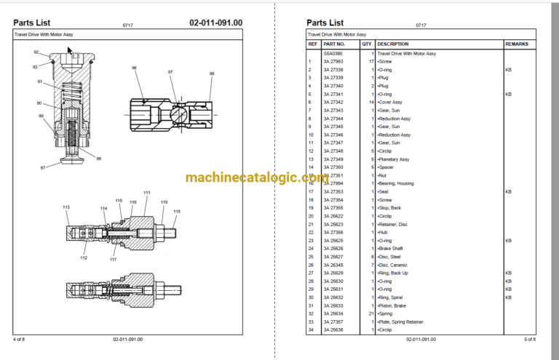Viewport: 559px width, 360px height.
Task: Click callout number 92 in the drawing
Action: [36, 52]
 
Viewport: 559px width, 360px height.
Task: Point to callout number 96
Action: [135, 68]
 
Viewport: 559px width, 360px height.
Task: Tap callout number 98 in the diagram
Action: [212, 73]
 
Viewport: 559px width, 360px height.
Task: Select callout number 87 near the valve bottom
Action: [43, 167]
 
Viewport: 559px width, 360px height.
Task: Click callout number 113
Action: [66, 207]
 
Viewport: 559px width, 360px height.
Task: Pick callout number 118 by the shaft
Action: [176, 212]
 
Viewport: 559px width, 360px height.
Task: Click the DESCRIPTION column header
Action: [392, 44]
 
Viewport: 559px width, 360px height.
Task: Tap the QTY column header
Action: [368, 44]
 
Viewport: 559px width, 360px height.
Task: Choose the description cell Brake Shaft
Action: [390, 249]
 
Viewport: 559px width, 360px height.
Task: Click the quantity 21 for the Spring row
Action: [371, 314]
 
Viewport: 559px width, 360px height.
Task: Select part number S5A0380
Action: [333, 53]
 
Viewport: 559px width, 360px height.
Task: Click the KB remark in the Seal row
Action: [508, 192]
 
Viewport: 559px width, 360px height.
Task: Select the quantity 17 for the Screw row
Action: [371, 62]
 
